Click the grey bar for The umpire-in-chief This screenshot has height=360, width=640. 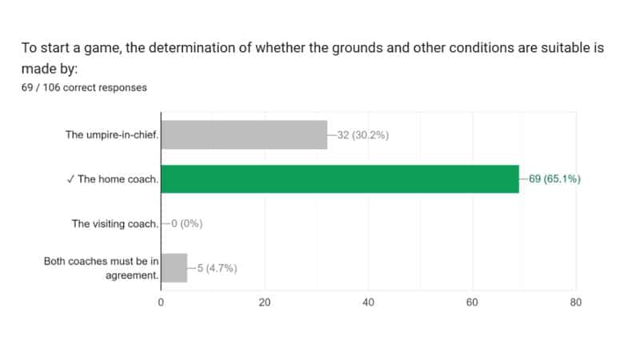[x=244, y=134]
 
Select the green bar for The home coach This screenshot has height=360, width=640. [x=340, y=179]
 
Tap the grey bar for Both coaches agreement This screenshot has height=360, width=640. [x=174, y=268]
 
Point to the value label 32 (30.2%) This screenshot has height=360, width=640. [x=363, y=134]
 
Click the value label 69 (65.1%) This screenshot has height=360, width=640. [x=554, y=179]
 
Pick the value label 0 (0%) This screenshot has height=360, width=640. [x=185, y=224]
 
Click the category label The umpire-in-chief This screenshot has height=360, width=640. [x=112, y=134]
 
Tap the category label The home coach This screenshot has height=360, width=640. [x=118, y=179]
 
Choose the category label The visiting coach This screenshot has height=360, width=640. [x=115, y=224]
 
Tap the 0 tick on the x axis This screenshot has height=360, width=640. [x=161, y=302]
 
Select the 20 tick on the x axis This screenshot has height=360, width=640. [x=265, y=302]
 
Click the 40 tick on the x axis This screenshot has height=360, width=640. [x=369, y=302]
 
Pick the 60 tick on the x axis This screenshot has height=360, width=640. [x=472, y=302]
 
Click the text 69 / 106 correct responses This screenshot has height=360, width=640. [x=84, y=87]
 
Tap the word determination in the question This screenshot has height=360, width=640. [x=213, y=47]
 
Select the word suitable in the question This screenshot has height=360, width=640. [x=564, y=47]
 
